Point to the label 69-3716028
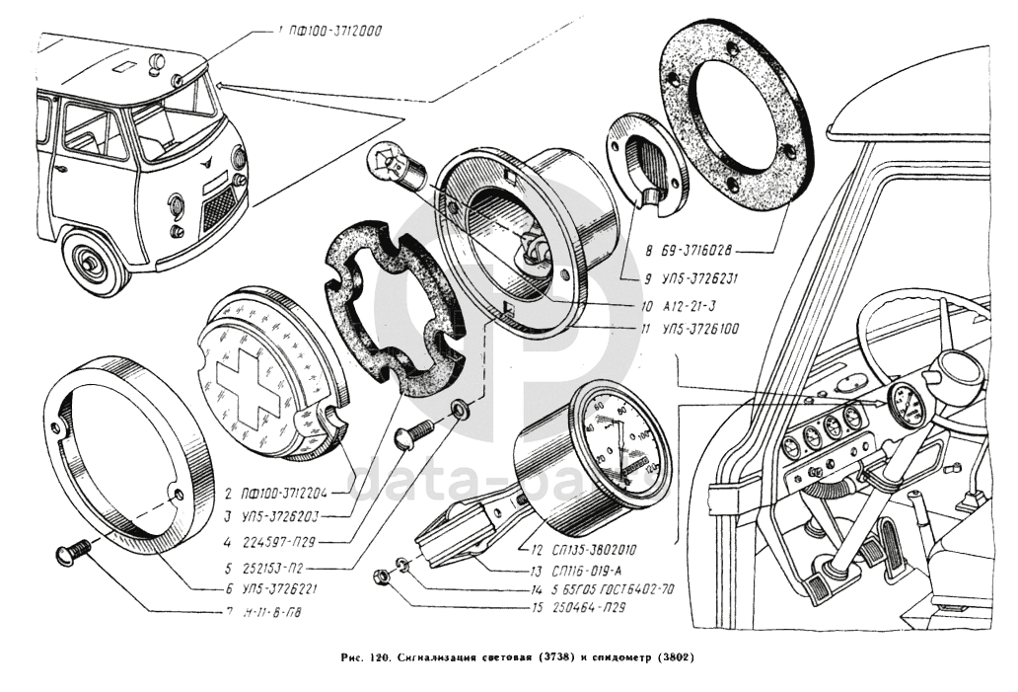point(704,252)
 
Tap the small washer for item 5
point(460,408)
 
